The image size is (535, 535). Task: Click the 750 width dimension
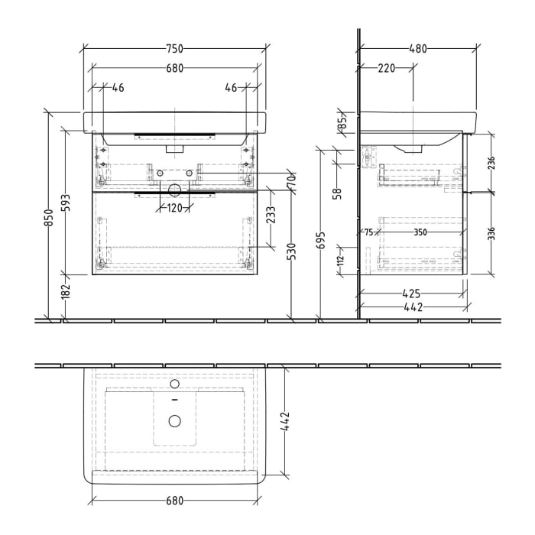(x=175, y=49)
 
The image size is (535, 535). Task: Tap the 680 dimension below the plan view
(x=175, y=501)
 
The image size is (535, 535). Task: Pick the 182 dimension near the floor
(x=67, y=292)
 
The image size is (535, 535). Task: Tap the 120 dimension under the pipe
(x=175, y=208)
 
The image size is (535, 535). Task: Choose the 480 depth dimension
(x=418, y=49)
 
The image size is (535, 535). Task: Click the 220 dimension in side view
(x=387, y=68)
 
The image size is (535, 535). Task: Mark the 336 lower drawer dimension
(x=491, y=232)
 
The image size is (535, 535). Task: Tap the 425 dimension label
(x=412, y=292)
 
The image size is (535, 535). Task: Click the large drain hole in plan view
(x=175, y=420)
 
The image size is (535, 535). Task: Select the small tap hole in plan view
(x=175, y=384)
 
